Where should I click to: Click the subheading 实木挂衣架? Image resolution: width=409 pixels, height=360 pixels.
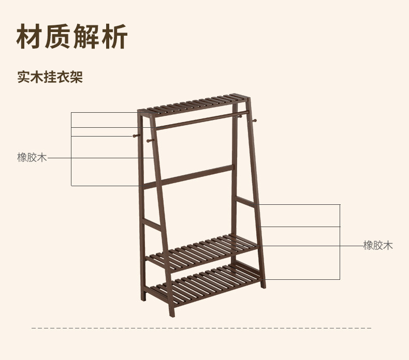click(x=50, y=77)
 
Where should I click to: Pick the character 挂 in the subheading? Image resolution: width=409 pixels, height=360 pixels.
click(x=50, y=77)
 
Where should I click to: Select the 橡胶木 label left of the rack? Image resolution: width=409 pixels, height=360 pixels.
click(x=32, y=157)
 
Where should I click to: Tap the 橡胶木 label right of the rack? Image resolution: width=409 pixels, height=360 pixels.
click(x=378, y=245)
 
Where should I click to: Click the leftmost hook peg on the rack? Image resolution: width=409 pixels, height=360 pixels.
click(x=134, y=137)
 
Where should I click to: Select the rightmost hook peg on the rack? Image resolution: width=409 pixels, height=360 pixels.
click(x=254, y=122)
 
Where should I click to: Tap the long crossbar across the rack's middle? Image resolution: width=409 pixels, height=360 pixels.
click(x=189, y=176)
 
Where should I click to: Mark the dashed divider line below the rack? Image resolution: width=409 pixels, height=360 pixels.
click(x=202, y=328)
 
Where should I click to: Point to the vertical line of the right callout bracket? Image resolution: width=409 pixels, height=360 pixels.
click(x=340, y=242)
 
